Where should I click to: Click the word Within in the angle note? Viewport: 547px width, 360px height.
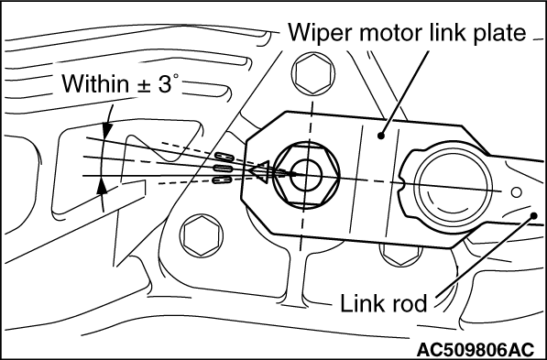click(95, 84)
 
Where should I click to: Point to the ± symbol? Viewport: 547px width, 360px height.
click(143, 86)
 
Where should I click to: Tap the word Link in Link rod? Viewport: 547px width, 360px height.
click(363, 303)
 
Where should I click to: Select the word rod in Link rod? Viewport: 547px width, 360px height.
click(410, 303)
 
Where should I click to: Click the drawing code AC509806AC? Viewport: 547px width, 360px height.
click(476, 349)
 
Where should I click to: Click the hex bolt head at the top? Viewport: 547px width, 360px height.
click(313, 73)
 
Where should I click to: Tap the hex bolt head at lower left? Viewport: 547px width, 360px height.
click(202, 235)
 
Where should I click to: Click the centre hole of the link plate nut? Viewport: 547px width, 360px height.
click(305, 176)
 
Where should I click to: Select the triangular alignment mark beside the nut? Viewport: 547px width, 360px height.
click(260, 171)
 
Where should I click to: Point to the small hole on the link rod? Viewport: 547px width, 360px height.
click(516, 192)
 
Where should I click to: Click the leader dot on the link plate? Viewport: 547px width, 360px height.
click(381, 136)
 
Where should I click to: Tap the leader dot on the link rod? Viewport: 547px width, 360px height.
click(533, 216)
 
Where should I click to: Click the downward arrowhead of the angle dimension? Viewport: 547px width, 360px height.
click(107, 130)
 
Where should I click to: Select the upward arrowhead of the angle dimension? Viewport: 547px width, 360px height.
click(102, 186)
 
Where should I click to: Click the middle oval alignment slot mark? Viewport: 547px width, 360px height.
click(223, 169)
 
